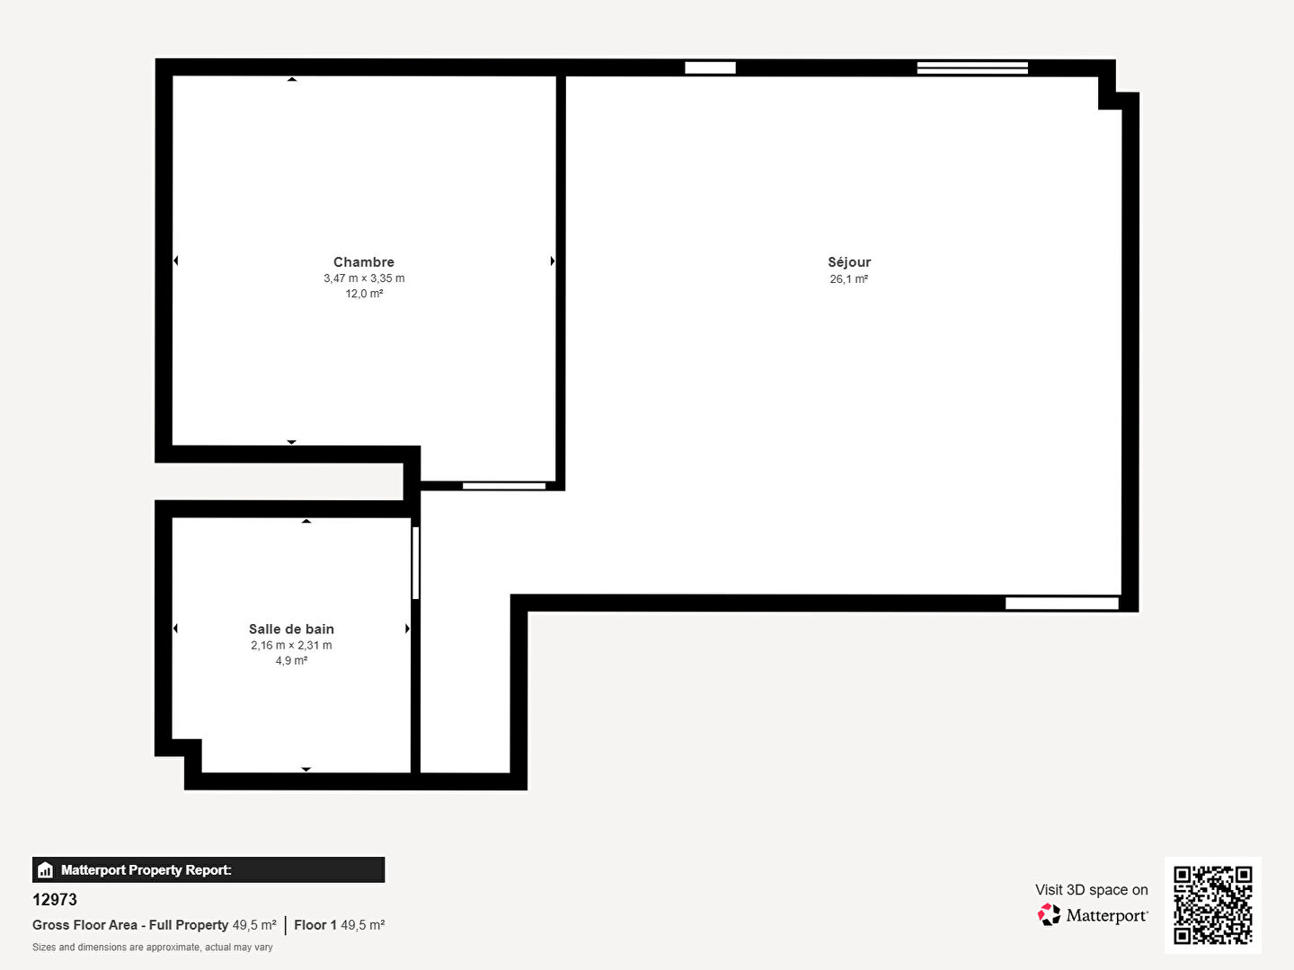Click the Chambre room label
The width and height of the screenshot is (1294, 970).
point(364,262)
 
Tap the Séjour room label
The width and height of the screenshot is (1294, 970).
point(849,262)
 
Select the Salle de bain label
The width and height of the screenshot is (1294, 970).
point(291,629)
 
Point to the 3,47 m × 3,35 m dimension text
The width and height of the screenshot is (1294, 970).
point(364,278)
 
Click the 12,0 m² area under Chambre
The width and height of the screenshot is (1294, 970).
point(364,294)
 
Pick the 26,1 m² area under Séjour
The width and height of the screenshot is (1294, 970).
point(849,279)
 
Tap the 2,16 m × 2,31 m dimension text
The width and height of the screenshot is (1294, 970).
point(291,645)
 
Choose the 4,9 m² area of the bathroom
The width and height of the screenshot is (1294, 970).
point(291,660)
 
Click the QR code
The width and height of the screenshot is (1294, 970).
point(1212,905)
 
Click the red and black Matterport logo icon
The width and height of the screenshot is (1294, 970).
point(1049,914)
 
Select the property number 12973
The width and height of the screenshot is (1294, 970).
point(54,900)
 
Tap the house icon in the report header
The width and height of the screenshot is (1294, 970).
point(46,870)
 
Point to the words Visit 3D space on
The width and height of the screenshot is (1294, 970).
point(1091,890)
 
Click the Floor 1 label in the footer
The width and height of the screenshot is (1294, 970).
point(315,925)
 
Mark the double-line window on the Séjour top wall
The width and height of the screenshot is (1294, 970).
point(972,67)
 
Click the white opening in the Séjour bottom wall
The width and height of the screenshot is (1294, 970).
point(1062,603)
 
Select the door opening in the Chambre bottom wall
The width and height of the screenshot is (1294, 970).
point(504,486)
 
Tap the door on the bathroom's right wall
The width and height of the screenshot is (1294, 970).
point(416,563)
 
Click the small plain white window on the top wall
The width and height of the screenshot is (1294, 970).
point(711,67)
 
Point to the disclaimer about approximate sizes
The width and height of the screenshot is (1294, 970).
point(152,947)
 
